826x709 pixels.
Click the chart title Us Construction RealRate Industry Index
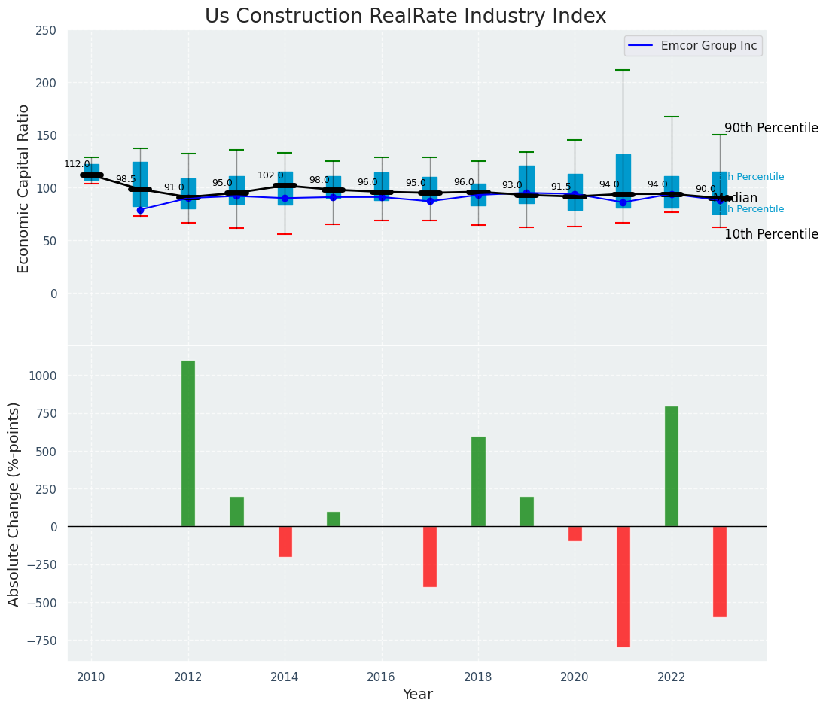(405, 17)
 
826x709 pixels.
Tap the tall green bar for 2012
(188, 443)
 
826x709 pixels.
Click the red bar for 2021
(623, 586)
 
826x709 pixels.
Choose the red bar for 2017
(430, 557)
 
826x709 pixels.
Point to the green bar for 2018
(478, 482)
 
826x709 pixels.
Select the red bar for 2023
(720, 571)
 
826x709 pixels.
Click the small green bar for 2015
(334, 519)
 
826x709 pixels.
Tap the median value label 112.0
(77, 164)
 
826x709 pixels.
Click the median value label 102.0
(270, 175)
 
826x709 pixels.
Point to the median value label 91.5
(561, 187)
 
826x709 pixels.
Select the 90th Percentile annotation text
(771, 128)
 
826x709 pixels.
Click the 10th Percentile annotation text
(771, 234)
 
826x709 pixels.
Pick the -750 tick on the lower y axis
(44, 641)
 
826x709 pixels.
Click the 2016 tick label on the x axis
(382, 677)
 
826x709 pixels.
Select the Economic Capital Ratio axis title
(23, 188)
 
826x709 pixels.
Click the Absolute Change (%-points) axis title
(14, 504)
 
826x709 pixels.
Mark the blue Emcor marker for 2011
(140, 210)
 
